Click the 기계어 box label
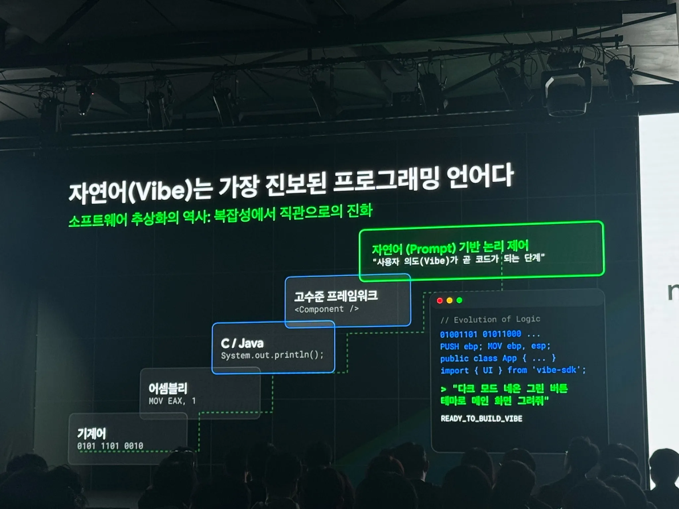pyautogui.click(x=91, y=433)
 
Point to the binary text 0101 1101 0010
pyautogui.click(x=110, y=446)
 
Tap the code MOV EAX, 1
pyautogui.click(x=172, y=401)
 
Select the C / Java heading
pyautogui.click(x=242, y=343)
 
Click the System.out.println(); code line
pyautogui.click(x=272, y=355)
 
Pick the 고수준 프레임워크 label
pyautogui.click(x=336, y=296)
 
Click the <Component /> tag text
pyautogui.click(x=327, y=309)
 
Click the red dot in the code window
pyautogui.click(x=440, y=301)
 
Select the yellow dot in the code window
pyautogui.click(x=450, y=301)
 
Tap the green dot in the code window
pyautogui.click(x=459, y=300)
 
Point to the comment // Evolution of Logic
pyautogui.click(x=490, y=319)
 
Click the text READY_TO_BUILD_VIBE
pyautogui.click(x=481, y=419)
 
